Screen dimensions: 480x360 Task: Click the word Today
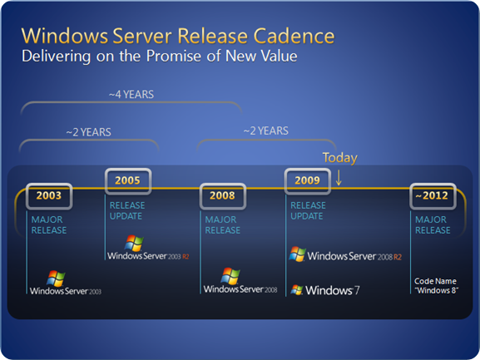tap(339, 158)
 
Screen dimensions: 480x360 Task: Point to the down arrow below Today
tap(339, 177)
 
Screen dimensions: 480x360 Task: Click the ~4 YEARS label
tap(131, 95)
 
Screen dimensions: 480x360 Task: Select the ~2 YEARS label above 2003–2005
tap(88, 132)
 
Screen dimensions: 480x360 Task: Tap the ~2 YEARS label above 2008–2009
tap(265, 131)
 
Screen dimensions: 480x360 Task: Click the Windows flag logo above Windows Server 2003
tap(56, 279)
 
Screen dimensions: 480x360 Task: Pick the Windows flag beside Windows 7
tap(297, 289)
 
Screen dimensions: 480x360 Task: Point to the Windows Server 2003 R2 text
tap(148, 256)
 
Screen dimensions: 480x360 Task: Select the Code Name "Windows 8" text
tap(436, 286)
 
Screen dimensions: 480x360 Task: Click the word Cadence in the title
tap(294, 36)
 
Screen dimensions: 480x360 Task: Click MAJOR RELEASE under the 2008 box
tap(223, 224)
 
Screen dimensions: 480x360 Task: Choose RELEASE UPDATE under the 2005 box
tap(127, 210)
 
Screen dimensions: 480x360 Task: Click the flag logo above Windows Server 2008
tap(230, 276)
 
